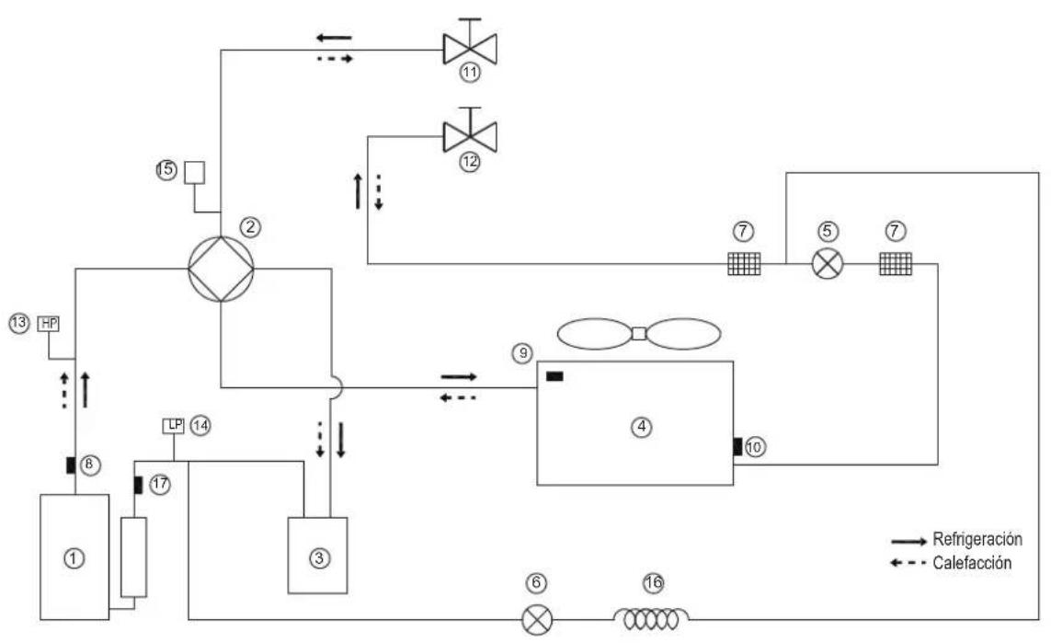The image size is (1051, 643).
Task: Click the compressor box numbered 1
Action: click(74, 557)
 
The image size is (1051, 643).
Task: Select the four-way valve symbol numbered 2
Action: click(222, 269)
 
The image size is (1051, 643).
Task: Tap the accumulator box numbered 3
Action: click(318, 556)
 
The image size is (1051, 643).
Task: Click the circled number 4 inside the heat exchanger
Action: click(642, 426)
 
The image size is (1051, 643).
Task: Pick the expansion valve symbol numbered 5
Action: click(828, 263)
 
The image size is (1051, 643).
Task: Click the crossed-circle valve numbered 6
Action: click(537, 619)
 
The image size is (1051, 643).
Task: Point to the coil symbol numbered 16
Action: click(652, 619)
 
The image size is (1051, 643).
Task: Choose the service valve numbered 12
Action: click(470, 135)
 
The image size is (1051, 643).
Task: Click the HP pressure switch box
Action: click(49, 324)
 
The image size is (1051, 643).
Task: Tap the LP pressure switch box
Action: click(174, 425)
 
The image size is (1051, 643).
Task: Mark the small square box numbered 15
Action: click(194, 172)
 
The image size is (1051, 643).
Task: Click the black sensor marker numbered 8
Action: click(71, 464)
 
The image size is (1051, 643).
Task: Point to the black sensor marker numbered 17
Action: click(138, 484)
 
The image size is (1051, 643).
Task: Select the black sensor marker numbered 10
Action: click(737, 446)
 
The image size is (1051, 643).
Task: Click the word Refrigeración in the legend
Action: click(977, 539)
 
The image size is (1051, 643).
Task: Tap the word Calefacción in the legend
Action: click(972, 563)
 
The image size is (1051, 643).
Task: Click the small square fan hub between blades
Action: click(639, 333)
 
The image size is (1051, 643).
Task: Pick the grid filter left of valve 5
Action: click(744, 263)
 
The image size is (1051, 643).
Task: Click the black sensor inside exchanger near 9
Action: click(554, 376)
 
